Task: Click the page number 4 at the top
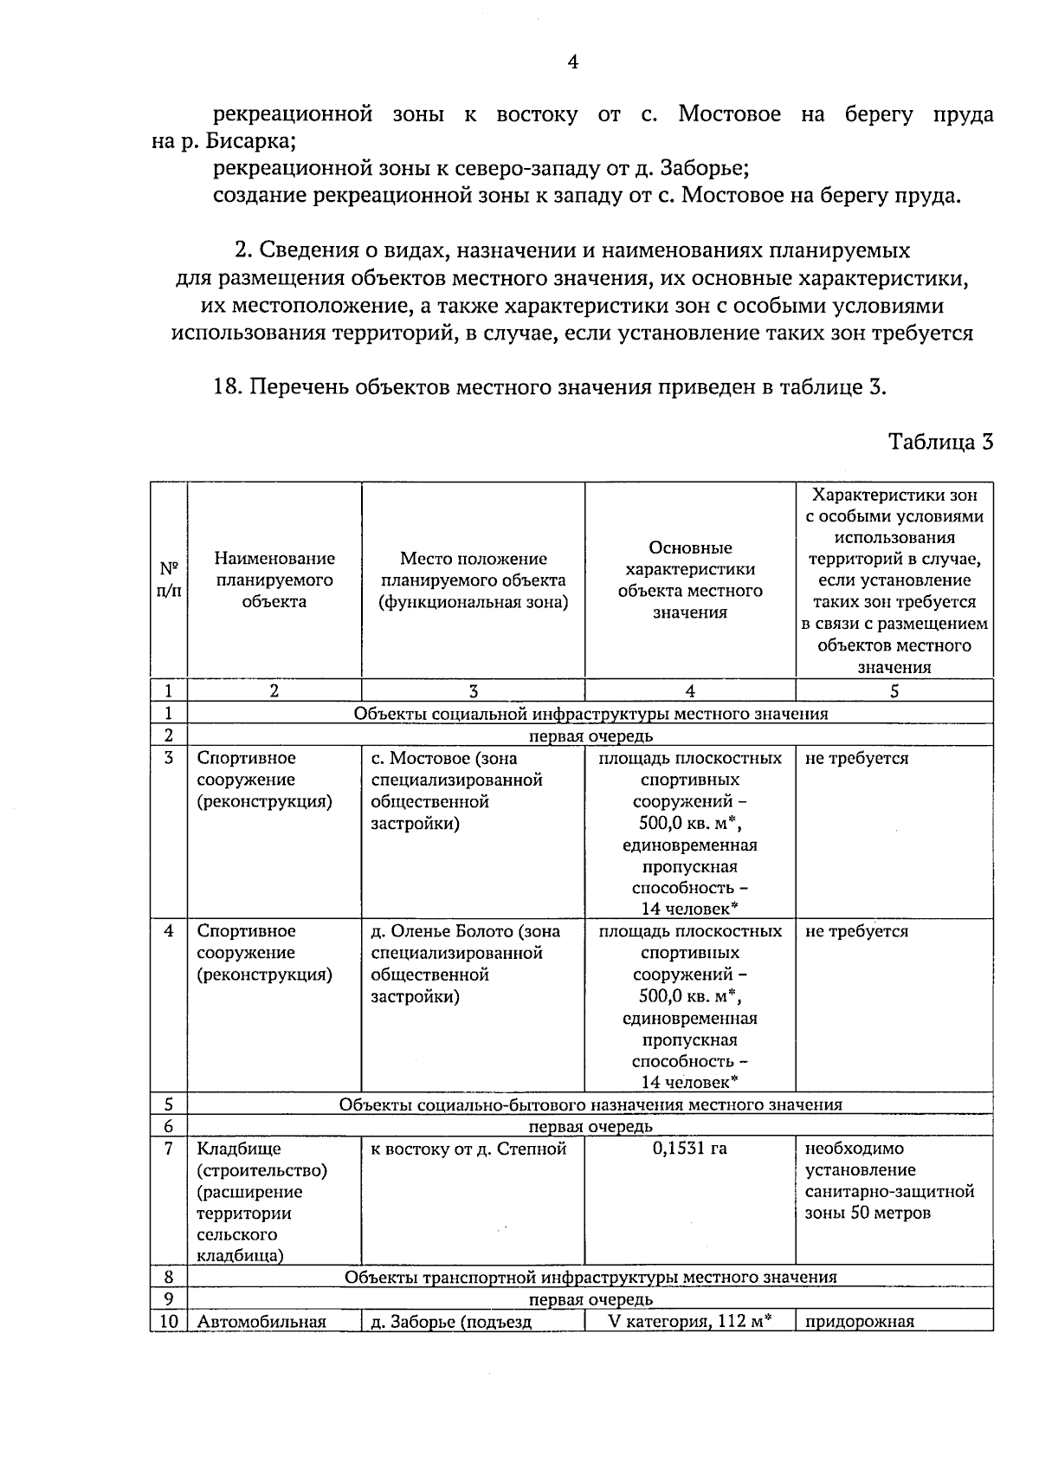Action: tap(572, 62)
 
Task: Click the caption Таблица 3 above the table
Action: tap(940, 443)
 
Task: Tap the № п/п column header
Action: tap(169, 580)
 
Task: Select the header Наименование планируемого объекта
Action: tap(274, 580)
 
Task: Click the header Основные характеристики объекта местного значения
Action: tap(690, 580)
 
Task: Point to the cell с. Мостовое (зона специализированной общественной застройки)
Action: tap(456, 790)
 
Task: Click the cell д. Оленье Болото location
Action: tap(465, 963)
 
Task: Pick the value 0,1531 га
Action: tap(690, 1149)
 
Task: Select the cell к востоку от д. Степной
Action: tap(468, 1149)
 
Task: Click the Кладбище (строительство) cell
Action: tap(261, 1159)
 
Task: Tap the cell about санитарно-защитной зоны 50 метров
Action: tap(889, 1181)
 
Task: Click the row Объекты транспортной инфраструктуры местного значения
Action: tap(590, 1277)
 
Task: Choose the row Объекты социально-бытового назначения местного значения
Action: tap(590, 1104)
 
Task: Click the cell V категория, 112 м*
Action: tap(690, 1321)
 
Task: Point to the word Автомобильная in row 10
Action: tap(261, 1322)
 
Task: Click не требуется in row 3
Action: tap(856, 759)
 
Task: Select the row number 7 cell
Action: tap(169, 1149)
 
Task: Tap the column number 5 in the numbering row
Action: tap(894, 690)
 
